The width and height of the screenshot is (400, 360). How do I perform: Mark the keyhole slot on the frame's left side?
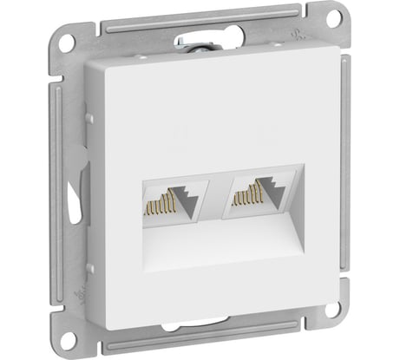(x=71, y=187)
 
